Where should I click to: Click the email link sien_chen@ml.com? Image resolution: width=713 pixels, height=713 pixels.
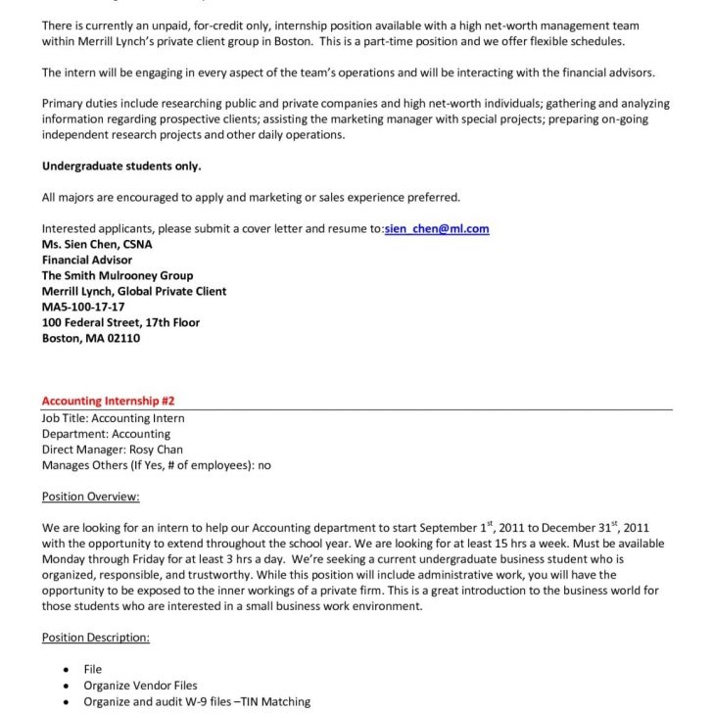pyautogui.click(x=437, y=229)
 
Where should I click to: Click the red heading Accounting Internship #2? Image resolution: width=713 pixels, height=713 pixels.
pyautogui.click(x=108, y=402)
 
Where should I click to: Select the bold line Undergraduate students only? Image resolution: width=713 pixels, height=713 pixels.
pyautogui.click(x=121, y=166)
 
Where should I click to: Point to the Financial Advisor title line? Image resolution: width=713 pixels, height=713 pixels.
pyautogui.click(x=87, y=261)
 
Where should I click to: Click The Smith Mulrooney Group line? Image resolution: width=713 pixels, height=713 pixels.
pyautogui.click(x=118, y=276)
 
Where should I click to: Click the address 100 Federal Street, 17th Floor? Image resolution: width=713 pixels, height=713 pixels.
pyautogui.click(x=120, y=323)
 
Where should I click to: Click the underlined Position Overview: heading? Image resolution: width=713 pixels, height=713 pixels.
pyautogui.click(x=91, y=497)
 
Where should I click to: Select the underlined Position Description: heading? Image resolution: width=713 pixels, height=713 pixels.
pyautogui.click(x=96, y=638)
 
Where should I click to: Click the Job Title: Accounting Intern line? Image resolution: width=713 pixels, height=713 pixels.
pyautogui.click(x=113, y=418)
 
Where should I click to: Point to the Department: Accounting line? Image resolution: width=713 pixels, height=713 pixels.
pyautogui.click(x=106, y=434)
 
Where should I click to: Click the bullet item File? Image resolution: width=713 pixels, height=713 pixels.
pyautogui.click(x=93, y=670)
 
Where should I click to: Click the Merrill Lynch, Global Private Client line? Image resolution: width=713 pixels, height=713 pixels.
pyautogui.click(x=134, y=292)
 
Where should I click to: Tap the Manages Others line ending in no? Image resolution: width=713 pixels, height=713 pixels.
pyautogui.click(x=157, y=465)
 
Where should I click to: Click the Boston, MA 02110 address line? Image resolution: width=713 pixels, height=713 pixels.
pyautogui.click(x=91, y=339)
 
